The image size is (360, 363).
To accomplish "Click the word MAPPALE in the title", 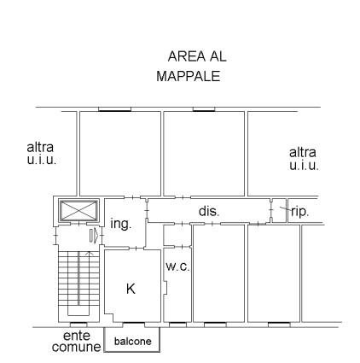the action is click(x=189, y=76).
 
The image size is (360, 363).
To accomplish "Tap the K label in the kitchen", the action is click(x=131, y=289).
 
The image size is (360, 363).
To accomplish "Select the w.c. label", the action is click(x=177, y=266).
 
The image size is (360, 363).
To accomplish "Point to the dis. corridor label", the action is click(x=209, y=211).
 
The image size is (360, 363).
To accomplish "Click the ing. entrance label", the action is click(x=121, y=224).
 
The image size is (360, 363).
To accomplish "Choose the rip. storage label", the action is click(x=300, y=212).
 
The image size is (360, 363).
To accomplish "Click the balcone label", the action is click(x=133, y=341).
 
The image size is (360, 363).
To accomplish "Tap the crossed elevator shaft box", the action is click(x=78, y=210).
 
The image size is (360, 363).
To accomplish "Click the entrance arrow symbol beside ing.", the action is click(x=94, y=236).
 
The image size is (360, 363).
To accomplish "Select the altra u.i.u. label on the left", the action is click(x=41, y=154).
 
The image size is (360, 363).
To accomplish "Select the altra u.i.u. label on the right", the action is click(x=304, y=159).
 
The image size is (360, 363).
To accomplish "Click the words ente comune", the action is click(x=76, y=342).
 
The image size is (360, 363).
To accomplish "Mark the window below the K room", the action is click(x=133, y=325).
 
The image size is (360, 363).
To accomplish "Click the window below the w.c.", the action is click(x=177, y=325).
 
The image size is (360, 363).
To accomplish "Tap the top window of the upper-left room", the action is click(x=114, y=109).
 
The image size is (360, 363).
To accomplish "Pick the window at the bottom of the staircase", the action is click(x=78, y=325).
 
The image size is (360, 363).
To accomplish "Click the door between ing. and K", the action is click(x=136, y=249).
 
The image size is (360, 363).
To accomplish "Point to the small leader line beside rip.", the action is click(x=285, y=208).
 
